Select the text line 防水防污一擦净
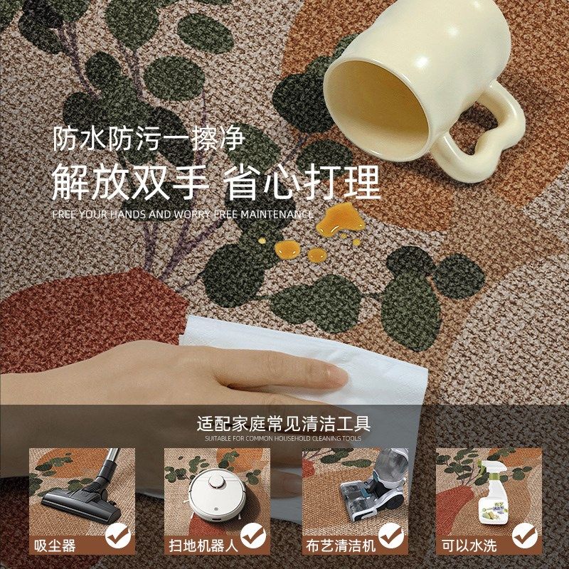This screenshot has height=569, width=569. (148, 138)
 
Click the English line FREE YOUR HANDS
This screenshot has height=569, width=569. (183, 214)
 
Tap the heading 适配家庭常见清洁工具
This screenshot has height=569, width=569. (284, 425)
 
